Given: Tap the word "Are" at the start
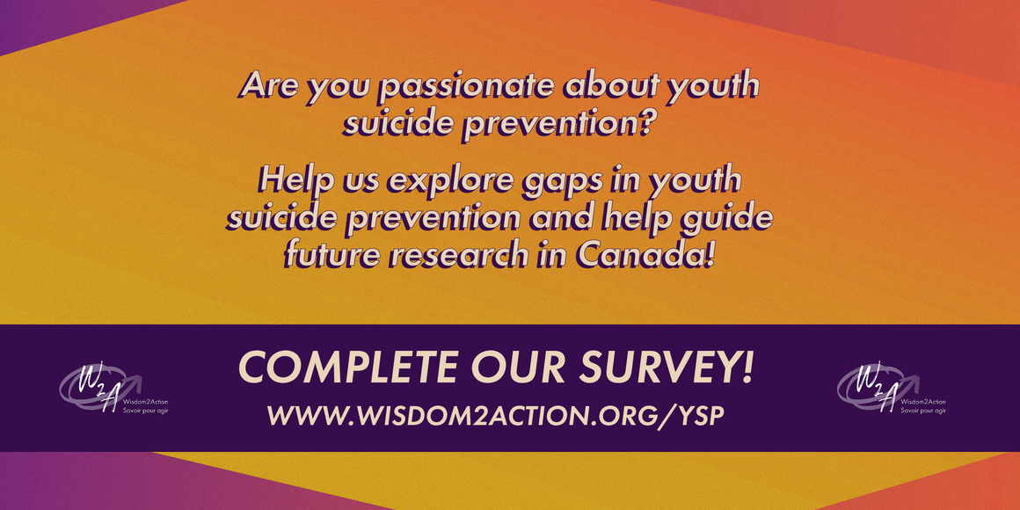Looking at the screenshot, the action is (267, 86).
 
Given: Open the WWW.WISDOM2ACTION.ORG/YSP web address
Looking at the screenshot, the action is (495, 416).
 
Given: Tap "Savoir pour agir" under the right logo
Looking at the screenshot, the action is (923, 412).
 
